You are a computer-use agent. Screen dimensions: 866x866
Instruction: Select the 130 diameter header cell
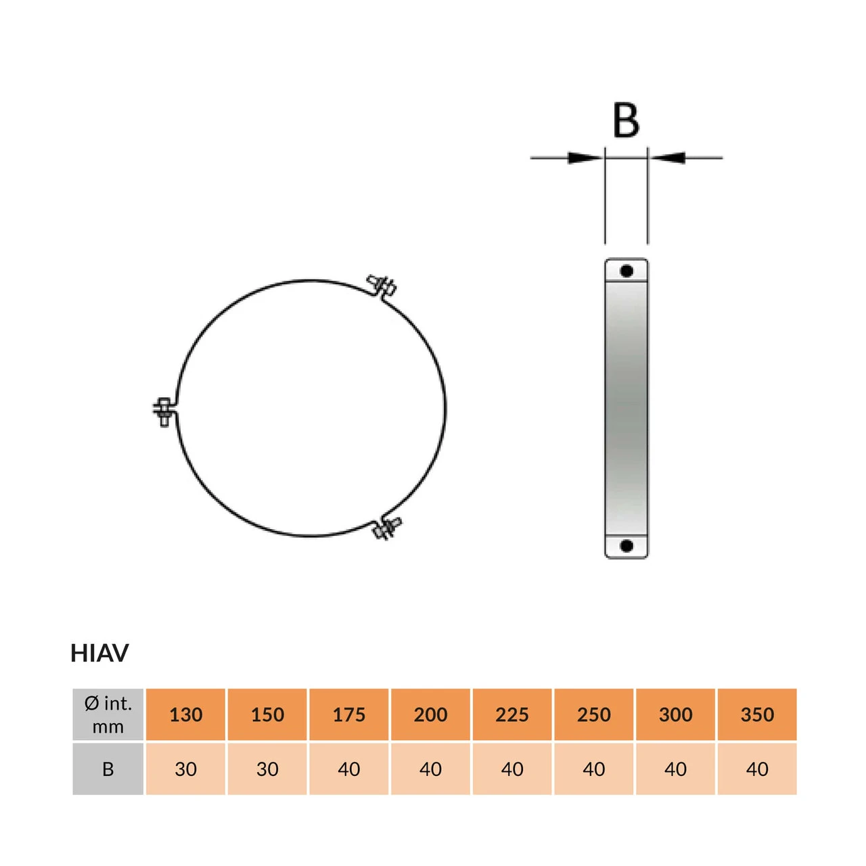click(185, 714)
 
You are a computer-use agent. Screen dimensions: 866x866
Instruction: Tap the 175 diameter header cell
click(348, 714)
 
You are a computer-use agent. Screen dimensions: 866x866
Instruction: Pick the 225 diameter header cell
click(512, 714)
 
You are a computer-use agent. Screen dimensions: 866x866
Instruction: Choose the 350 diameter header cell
click(757, 714)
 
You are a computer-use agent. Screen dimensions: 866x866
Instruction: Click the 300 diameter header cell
click(675, 714)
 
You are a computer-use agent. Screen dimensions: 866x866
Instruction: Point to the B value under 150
click(267, 769)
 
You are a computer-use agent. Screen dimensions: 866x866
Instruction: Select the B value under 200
click(430, 769)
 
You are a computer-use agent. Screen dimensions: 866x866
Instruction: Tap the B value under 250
click(593, 769)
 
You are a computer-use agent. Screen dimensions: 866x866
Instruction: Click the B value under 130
click(185, 769)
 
